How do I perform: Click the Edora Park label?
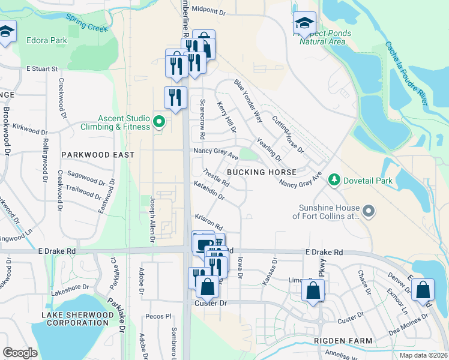[47, 41]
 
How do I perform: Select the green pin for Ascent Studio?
[158, 122]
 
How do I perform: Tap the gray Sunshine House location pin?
[369, 211]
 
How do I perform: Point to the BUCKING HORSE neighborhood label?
[253, 172]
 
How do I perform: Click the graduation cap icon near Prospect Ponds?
[304, 23]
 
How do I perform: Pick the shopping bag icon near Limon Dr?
[314, 292]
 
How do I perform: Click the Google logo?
[20, 353]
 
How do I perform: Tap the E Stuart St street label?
[42, 69]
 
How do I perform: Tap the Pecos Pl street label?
[159, 316]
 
